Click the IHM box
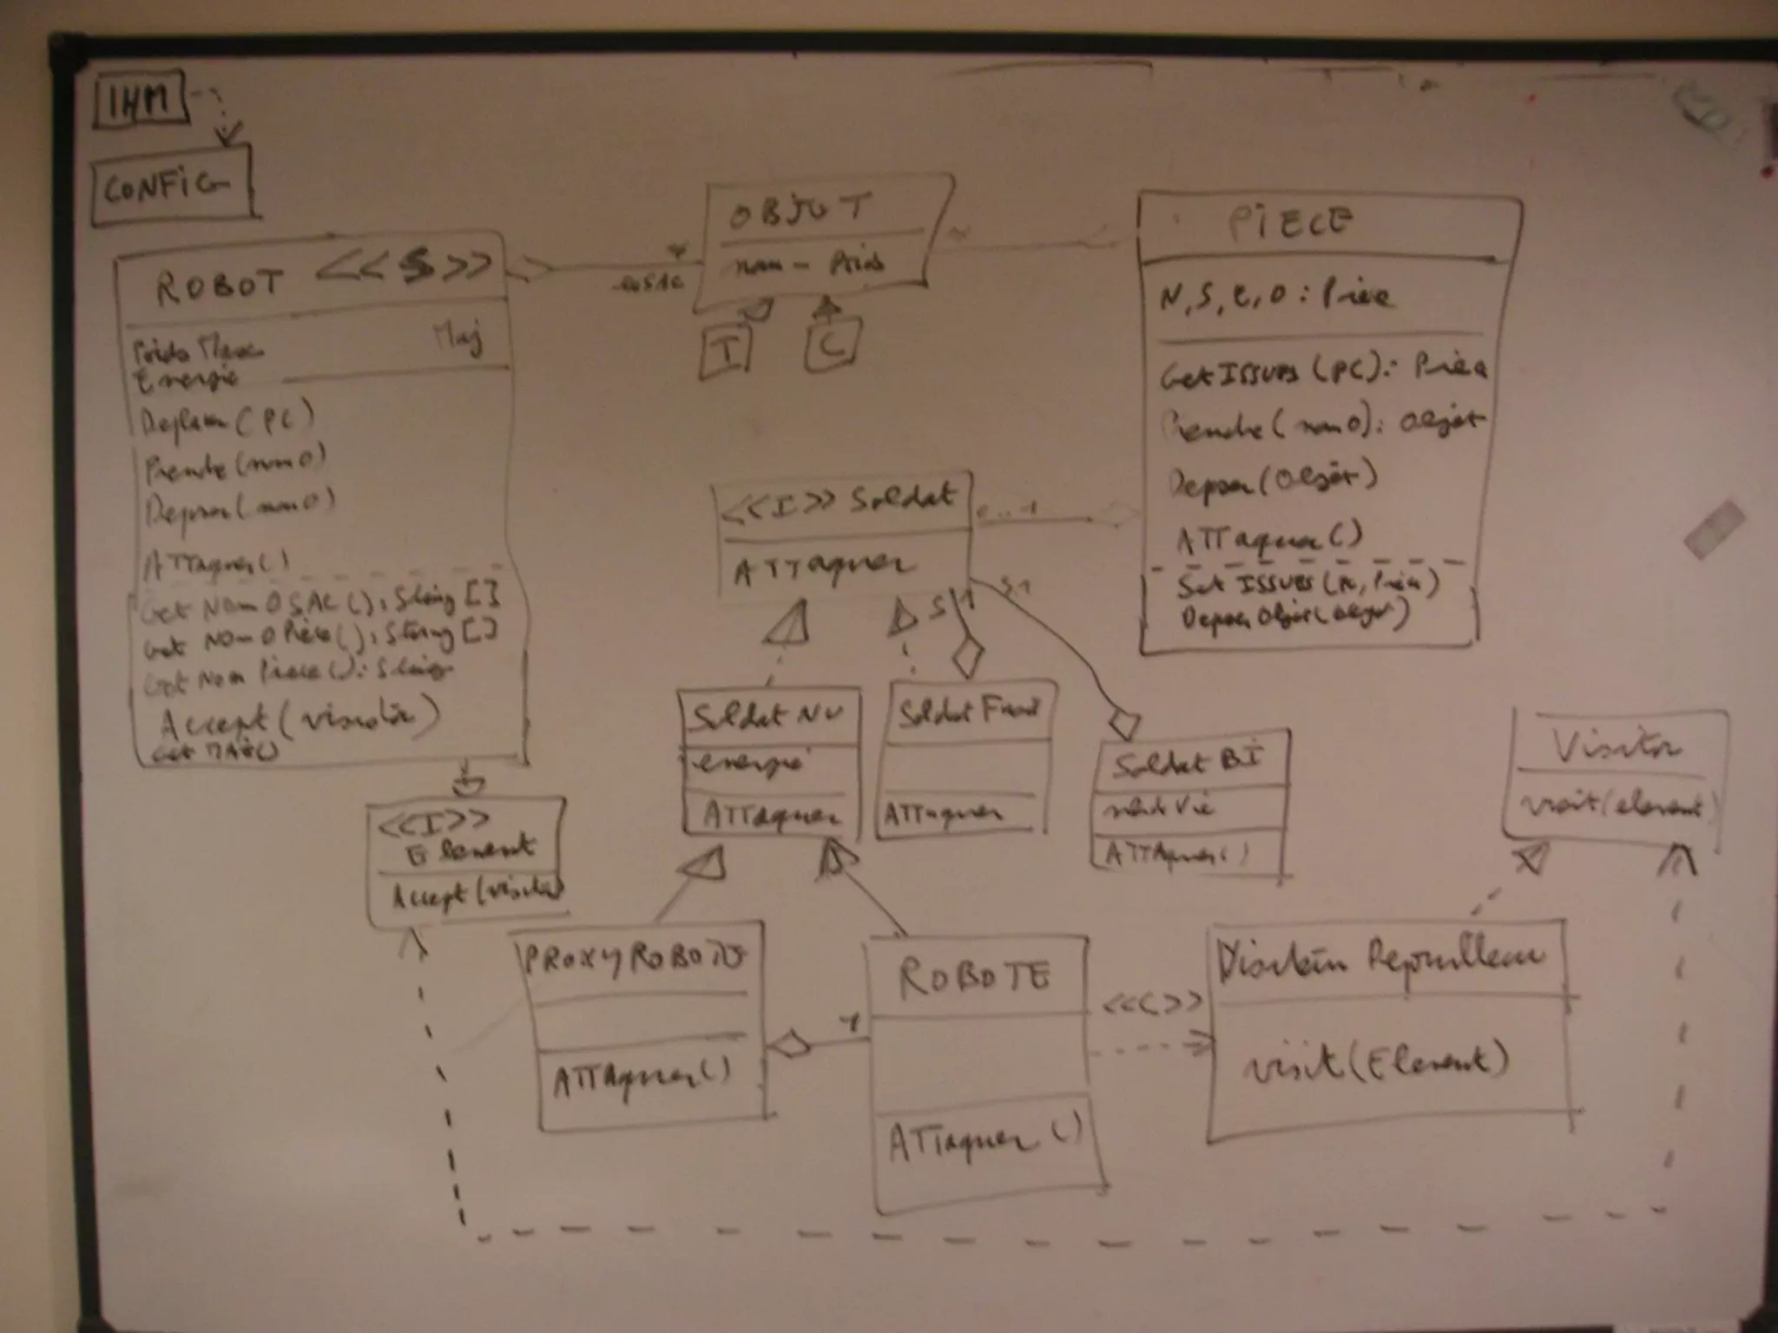tap(140, 102)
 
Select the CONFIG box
tap(170, 186)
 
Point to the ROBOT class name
tap(221, 284)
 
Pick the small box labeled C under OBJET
tap(832, 345)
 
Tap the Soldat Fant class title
tap(967, 712)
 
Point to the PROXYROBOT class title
tap(635, 958)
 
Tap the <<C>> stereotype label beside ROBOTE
tap(1152, 1002)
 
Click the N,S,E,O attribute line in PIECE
tap(1274, 298)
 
